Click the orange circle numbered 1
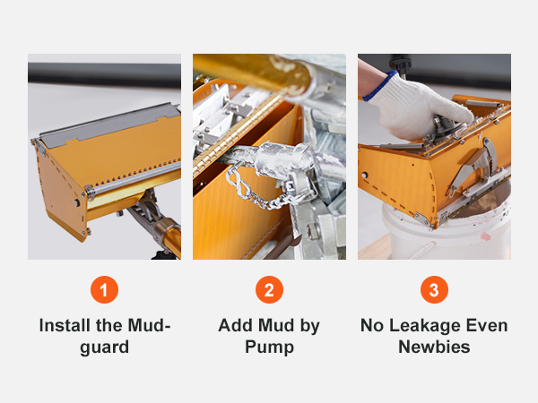[104, 291]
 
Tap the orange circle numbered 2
[269, 291]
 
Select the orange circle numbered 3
[434, 291]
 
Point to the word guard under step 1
[104, 347]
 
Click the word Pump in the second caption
[269, 347]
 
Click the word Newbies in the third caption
[434, 347]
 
